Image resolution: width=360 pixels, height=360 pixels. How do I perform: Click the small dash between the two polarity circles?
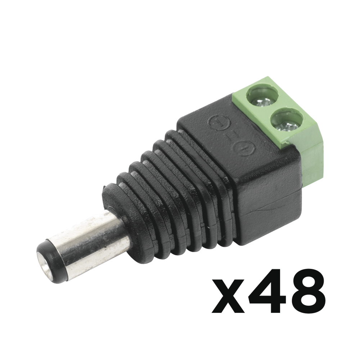229,135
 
